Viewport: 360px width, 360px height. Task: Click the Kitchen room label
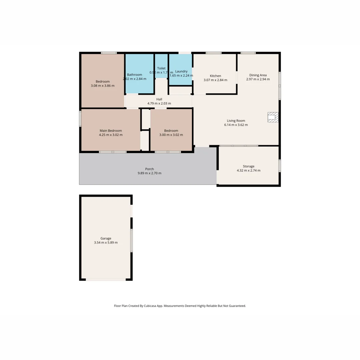[215, 76]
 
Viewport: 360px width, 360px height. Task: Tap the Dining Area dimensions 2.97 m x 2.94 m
[258, 79]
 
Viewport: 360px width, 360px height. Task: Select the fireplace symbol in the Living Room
[273, 117]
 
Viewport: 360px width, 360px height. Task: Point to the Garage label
[106, 238]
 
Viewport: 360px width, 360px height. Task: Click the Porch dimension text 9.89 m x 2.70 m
[149, 173]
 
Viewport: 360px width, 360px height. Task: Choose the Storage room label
[248, 166]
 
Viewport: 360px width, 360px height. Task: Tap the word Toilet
[161, 68]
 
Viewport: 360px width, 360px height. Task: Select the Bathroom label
[134, 75]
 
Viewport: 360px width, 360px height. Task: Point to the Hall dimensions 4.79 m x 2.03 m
[159, 103]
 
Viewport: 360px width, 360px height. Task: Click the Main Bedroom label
[111, 131]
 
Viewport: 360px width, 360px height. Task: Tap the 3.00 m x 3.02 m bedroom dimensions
[171, 135]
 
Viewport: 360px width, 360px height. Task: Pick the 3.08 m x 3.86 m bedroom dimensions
[102, 86]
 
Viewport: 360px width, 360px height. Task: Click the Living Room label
[236, 121]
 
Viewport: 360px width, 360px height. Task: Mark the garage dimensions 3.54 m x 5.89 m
[106, 243]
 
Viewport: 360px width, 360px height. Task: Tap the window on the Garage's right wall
[131, 240]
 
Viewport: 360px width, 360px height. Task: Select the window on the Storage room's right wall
[280, 165]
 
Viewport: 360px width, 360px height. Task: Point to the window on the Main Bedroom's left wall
[80, 118]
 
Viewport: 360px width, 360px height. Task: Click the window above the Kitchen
[213, 53]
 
